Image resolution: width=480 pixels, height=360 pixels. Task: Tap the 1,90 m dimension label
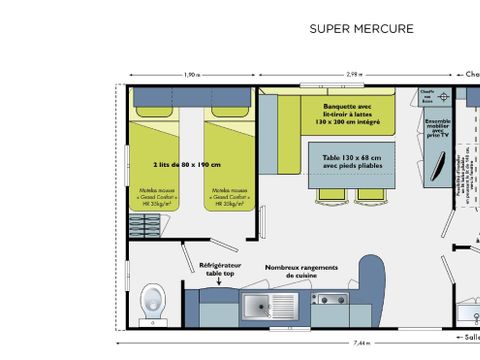(191, 75)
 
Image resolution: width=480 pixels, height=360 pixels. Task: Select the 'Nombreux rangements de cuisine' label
(312, 271)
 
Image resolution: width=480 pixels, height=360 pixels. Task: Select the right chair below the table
(369, 195)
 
